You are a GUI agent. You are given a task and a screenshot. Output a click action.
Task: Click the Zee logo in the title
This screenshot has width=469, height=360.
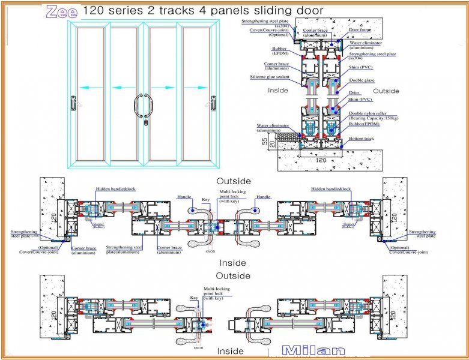click(62, 10)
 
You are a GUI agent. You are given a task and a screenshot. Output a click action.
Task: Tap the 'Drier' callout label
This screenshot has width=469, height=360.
click(354, 93)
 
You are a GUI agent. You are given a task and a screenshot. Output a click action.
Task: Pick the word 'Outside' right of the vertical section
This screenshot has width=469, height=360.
click(386, 91)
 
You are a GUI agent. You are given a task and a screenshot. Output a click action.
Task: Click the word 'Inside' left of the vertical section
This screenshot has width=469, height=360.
click(280, 91)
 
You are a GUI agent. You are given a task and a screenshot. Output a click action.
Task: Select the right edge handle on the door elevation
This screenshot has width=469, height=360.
click(213, 103)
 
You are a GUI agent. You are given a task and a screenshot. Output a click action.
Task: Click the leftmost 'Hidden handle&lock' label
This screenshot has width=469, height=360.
click(116, 189)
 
